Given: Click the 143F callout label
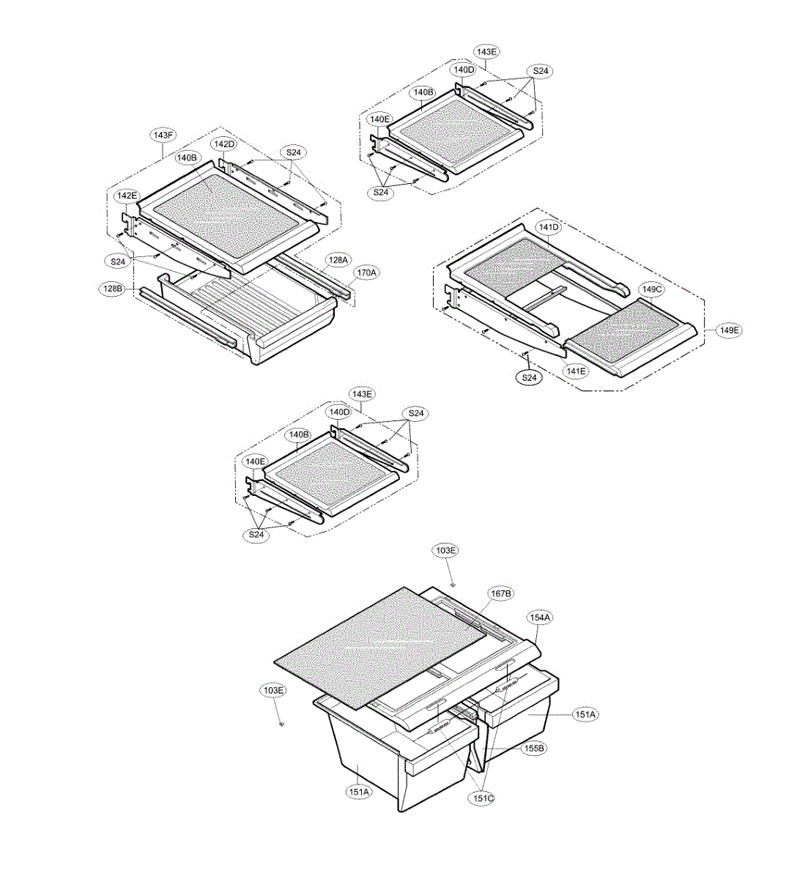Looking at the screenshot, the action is click(x=163, y=136).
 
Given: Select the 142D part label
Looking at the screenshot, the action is click(x=223, y=144).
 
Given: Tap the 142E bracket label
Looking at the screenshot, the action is click(x=125, y=196).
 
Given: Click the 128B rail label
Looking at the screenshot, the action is click(x=111, y=289).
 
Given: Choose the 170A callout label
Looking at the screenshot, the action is click(x=366, y=272).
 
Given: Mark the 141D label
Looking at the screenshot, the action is click(x=549, y=227).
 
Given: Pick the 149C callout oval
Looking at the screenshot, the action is click(x=651, y=289).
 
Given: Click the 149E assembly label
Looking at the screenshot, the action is click(x=729, y=330).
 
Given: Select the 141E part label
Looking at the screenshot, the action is click(x=575, y=371).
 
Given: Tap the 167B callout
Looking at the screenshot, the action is click(x=500, y=593).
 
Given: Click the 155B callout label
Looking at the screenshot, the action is click(x=533, y=749).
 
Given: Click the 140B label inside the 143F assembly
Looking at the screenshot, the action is click(x=187, y=157).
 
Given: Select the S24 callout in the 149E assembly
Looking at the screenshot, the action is click(x=530, y=378).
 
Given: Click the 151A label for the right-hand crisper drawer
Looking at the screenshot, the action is click(x=585, y=714).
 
